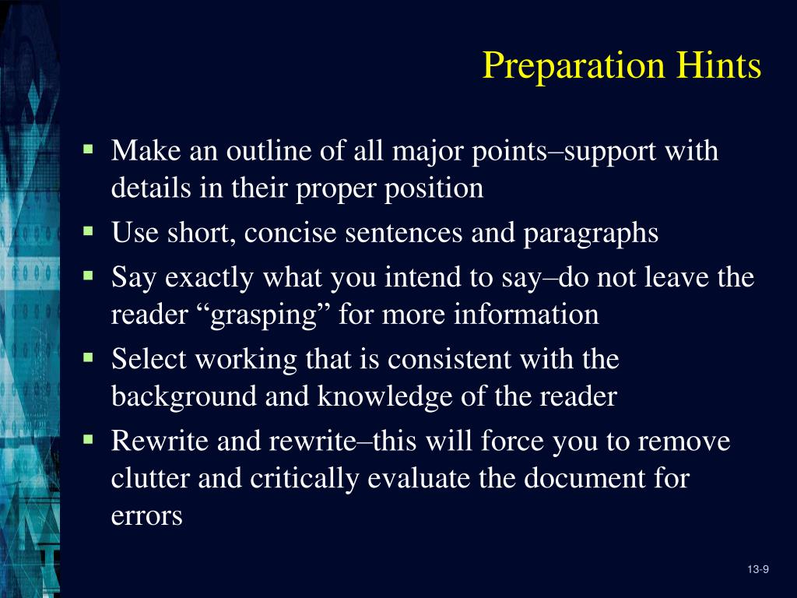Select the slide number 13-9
[x=757, y=571]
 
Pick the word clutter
[x=151, y=478]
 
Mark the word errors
[x=147, y=516]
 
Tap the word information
[x=526, y=315]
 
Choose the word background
[x=185, y=397]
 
